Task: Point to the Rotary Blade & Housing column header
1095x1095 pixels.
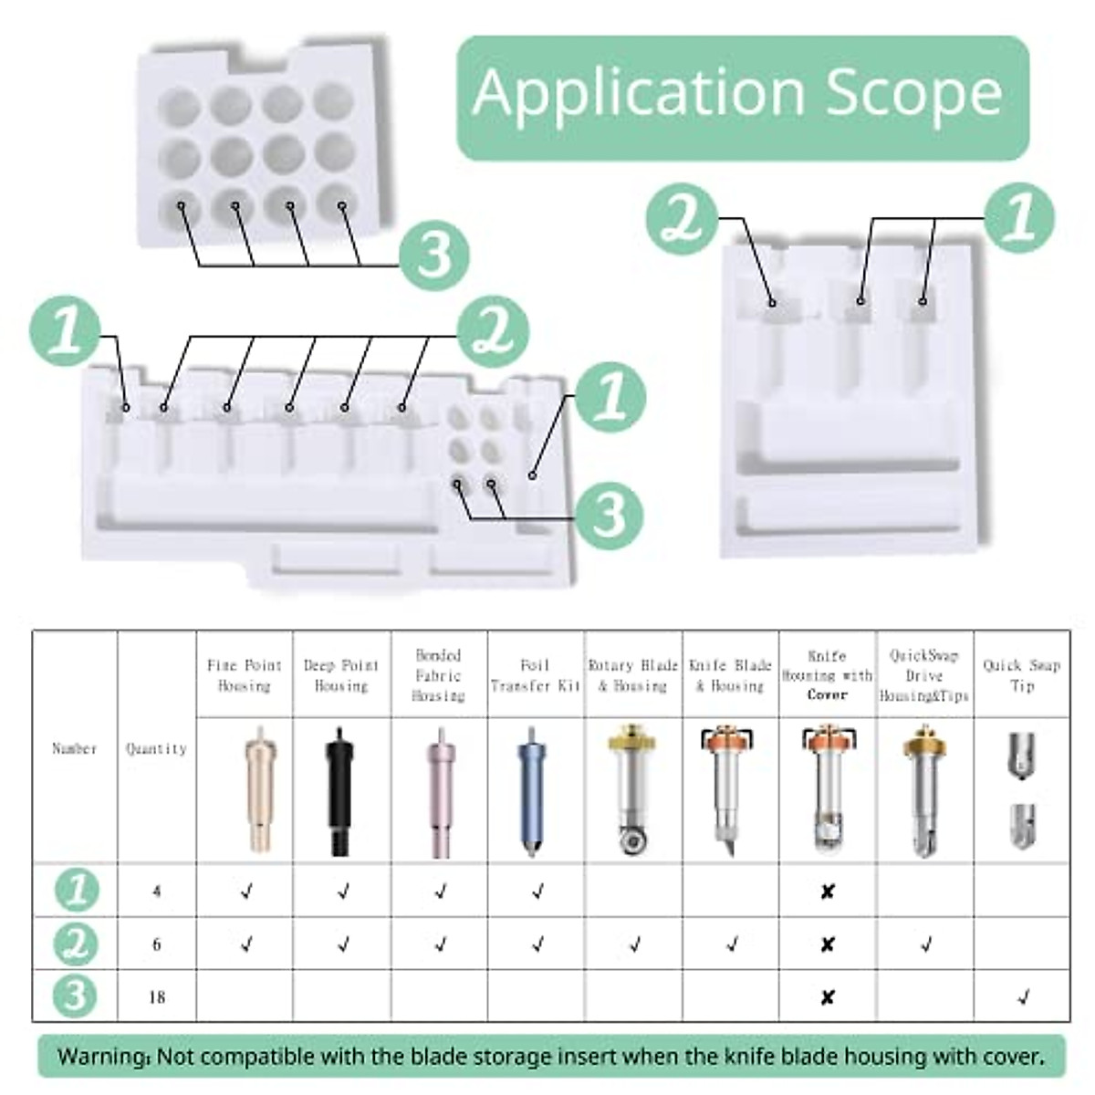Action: (633, 675)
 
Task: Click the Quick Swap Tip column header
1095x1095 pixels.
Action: (1022, 675)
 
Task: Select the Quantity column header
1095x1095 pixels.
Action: (156, 748)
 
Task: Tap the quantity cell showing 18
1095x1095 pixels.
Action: (157, 996)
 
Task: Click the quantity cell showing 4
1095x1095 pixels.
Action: (157, 891)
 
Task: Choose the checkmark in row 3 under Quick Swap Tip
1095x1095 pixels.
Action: (1022, 997)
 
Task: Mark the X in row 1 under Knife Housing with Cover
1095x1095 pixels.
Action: (827, 892)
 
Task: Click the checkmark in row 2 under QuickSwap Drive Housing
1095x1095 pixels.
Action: (925, 944)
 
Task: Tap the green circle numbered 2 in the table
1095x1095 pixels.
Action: (76, 944)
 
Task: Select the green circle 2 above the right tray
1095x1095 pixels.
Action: (681, 219)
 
